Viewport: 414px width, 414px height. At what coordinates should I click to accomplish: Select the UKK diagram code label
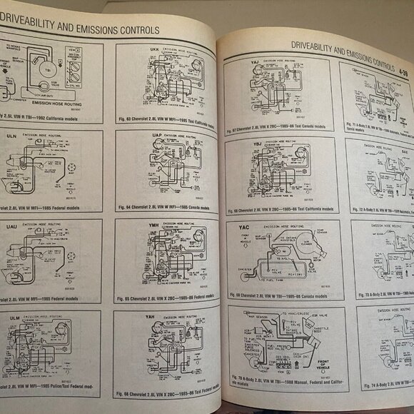click(x=155, y=49)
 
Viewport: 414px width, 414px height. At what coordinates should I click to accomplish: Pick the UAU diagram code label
click(x=12, y=224)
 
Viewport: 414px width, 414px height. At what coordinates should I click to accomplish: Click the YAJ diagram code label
click(x=255, y=62)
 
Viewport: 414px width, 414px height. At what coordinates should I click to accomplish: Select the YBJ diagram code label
click(x=255, y=143)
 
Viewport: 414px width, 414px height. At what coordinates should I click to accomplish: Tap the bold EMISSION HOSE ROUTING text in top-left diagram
click(x=56, y=103)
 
